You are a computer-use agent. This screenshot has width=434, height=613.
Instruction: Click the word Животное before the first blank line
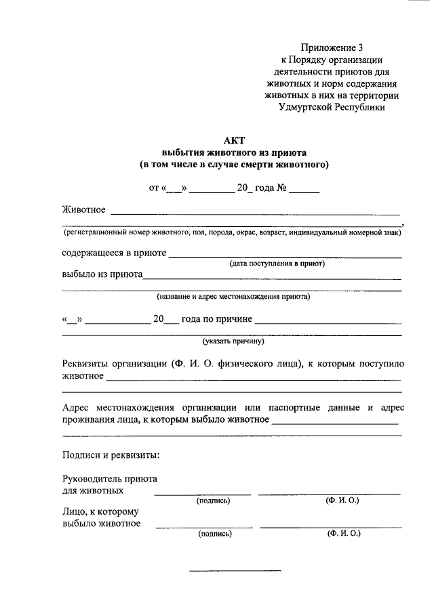(x=83, y=209)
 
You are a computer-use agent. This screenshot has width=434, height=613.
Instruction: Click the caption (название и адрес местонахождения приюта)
(x=233, y=297)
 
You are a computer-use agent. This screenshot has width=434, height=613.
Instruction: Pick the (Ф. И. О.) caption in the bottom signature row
(x=343, y=534)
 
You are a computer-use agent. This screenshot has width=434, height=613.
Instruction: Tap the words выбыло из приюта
(x=102, y=275)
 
